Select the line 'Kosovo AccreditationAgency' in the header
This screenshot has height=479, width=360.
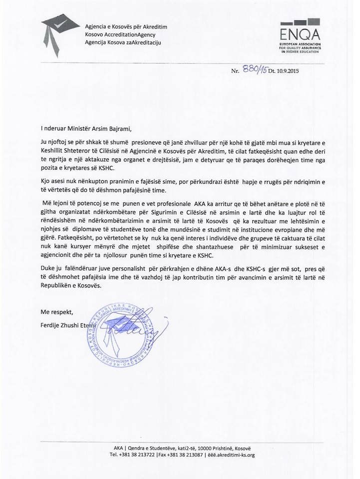(x=120, y=34)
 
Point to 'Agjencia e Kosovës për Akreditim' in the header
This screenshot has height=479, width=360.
(x=126, y=26)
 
